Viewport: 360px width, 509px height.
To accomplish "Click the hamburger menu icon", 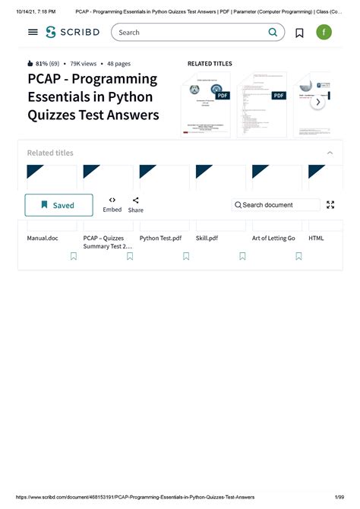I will [33, 33].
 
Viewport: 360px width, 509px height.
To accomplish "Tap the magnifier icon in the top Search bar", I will [273, 33].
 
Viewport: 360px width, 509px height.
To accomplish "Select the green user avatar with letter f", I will [324, 33].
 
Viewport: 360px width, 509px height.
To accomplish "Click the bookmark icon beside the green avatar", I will [299, 33].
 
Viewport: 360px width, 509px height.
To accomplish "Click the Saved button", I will [58, 205].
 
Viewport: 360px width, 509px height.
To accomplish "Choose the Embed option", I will [112, 204].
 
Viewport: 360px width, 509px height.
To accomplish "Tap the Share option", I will [135, 204].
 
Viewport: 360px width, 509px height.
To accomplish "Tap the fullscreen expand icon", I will [330, 205].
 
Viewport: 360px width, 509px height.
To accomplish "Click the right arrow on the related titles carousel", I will [319, 103].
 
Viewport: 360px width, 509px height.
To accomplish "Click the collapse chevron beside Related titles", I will [330, 153].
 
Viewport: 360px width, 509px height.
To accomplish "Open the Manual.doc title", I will [43, 238].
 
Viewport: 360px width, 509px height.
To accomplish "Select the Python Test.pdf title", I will [160, 238].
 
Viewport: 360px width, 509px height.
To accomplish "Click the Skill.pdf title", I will [207, 238].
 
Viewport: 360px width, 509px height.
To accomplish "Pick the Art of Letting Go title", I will [273, 238].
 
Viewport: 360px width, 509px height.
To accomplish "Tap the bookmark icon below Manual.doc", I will [74, 257].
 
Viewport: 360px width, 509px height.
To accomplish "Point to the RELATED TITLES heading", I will [210, 64].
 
